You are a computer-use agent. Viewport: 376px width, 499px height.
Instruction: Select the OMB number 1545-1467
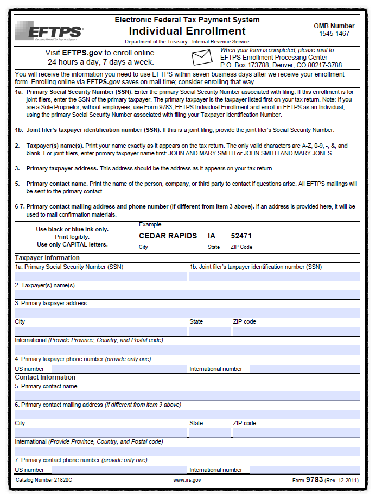point(334,34)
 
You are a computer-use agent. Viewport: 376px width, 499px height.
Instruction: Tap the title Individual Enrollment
point(187,31)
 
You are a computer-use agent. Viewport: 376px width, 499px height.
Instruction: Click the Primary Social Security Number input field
point(100,276)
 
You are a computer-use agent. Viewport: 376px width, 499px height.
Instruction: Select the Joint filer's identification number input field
point(274,276)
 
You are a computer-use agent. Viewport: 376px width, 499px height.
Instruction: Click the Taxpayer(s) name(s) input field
point(187,295)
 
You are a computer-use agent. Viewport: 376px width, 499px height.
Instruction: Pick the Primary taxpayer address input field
point(187,313)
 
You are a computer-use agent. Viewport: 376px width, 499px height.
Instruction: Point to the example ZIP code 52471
point(241,236)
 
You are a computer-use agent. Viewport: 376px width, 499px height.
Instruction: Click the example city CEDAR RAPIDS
point(168,236)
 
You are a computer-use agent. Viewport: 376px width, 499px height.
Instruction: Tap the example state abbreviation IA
point(212,236)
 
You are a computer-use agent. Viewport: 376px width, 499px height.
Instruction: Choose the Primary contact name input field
point(187,396)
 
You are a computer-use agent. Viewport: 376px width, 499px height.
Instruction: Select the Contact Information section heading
point(45,377)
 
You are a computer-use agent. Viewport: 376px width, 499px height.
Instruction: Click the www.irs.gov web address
point(187,480)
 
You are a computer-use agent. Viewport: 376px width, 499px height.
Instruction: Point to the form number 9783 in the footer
point(314,479)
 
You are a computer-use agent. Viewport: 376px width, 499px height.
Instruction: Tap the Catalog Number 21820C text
point(44,480)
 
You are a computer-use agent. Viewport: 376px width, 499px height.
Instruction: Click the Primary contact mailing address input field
point(187,414)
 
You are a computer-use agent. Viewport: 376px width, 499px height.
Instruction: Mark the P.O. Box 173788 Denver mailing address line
point(281,65)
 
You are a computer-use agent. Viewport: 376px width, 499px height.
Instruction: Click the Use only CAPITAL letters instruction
point(72,244)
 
